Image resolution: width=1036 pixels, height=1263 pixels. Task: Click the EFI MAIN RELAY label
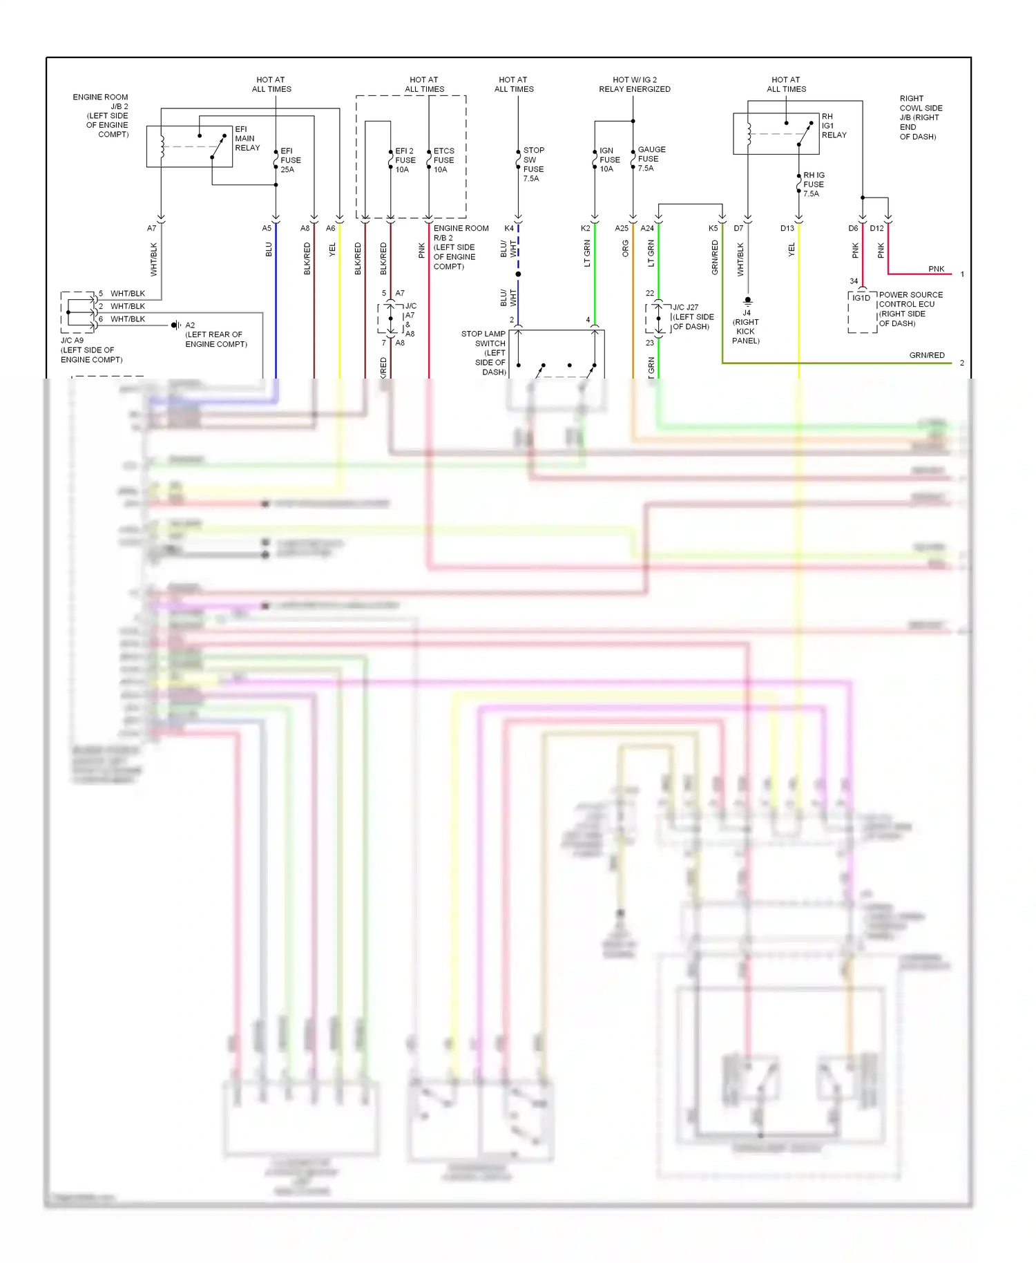click(247, 138)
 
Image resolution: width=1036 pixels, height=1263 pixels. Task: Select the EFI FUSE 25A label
click(290, 160)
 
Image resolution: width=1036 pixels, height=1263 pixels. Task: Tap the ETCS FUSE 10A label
click(443, 160)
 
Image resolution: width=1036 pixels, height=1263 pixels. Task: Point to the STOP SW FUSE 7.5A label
click(533, 164)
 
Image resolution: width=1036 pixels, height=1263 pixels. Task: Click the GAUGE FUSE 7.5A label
click(651, 159)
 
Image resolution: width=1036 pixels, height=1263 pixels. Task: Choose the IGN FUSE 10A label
click(609, 160)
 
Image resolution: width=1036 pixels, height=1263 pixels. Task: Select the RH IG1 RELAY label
click(833, 126)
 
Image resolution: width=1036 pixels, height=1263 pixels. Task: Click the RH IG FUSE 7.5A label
click(813, 184)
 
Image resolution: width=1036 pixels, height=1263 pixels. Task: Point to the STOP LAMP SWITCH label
click(486, 352)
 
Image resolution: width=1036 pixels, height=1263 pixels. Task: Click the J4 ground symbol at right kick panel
click(747, 301)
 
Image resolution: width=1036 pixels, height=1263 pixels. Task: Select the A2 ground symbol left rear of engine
click(176, 325)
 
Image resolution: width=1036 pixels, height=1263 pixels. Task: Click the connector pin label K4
click(509, 228)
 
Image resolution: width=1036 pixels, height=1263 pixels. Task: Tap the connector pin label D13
click(787, 228)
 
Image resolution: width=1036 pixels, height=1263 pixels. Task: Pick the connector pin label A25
click(622, 228)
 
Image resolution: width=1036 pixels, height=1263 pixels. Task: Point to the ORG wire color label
click(626, 249)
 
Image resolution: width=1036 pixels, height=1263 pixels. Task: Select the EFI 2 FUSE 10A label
click(405, 160)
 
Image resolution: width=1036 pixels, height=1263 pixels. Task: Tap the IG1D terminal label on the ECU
click(861, 298)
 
